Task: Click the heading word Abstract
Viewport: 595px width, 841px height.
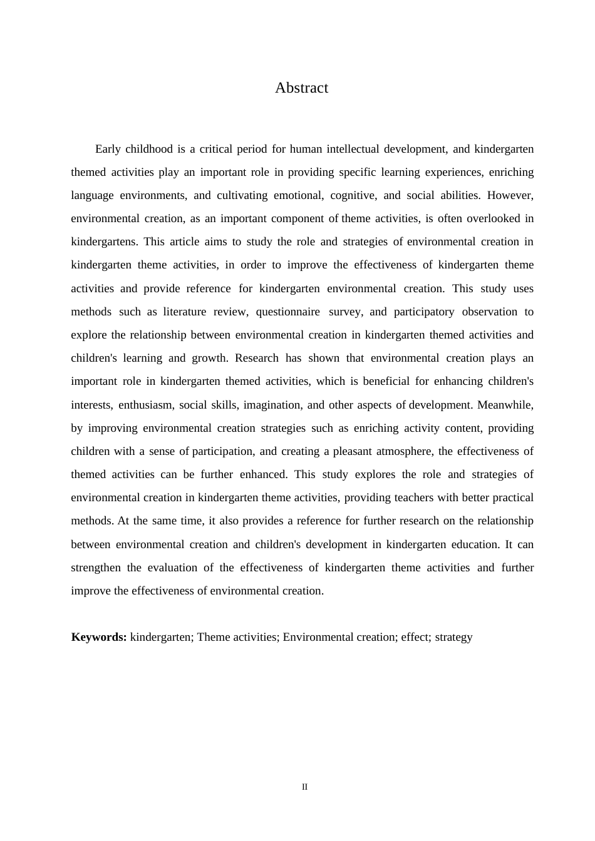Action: point(301,88)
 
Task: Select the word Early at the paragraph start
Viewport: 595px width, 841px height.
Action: point(108,149)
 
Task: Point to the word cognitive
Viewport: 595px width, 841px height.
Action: point(353,195)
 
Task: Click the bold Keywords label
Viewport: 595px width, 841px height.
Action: point(99,637)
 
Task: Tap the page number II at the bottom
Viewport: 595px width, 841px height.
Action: point(305,787)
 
